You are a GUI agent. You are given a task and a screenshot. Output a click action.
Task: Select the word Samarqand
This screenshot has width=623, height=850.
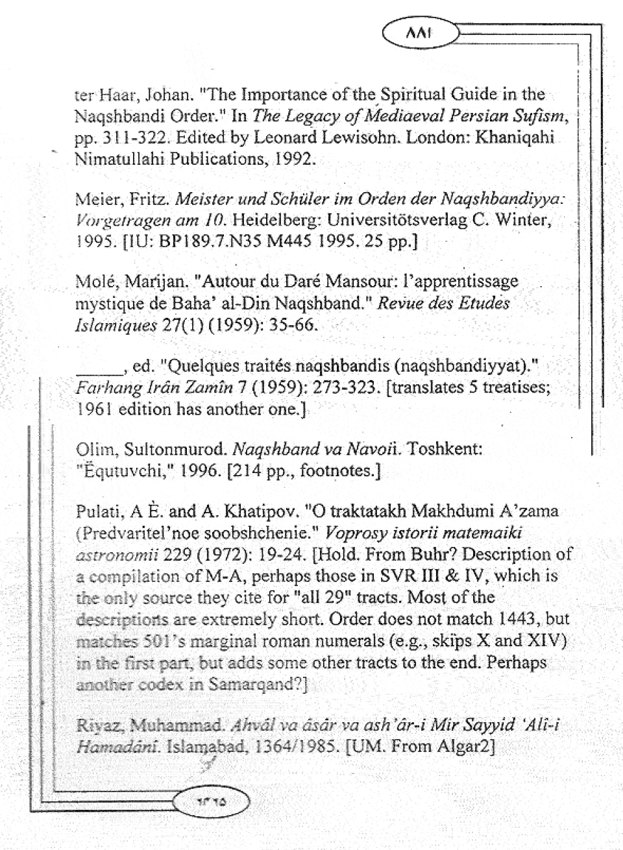264,685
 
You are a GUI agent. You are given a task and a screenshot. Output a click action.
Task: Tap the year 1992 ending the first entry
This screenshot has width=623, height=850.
295,160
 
